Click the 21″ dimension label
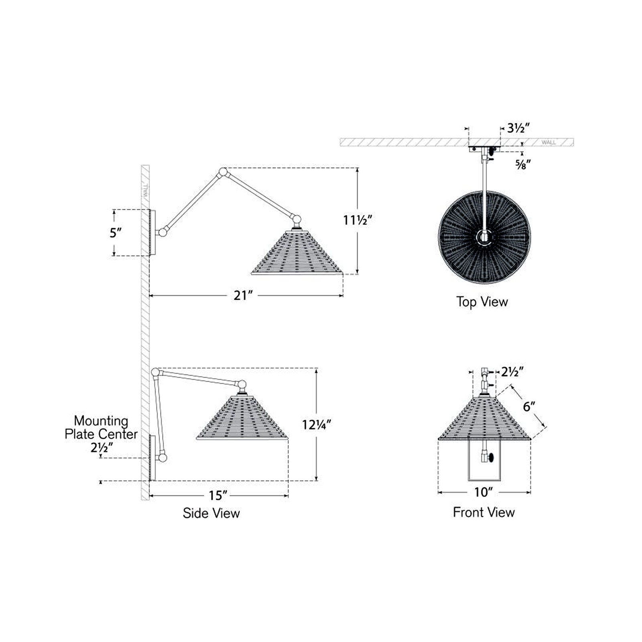click(243, 296)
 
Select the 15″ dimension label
click(218, 496)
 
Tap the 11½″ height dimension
click(358, 220)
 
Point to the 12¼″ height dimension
click(317, 425)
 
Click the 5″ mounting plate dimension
click(116, 233)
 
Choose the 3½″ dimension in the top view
click(518, 128)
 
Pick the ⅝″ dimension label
click(523, 165)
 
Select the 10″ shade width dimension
click(484, 492)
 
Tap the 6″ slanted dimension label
click(529, 406)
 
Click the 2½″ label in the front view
click(512, 372)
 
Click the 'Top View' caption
click(482, 302)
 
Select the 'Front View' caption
click(484, 512)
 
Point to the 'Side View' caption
click(211, 513)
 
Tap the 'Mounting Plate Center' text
click(101, 428)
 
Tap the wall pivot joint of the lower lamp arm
click(163, 457)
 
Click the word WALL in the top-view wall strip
click(549, 142)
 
